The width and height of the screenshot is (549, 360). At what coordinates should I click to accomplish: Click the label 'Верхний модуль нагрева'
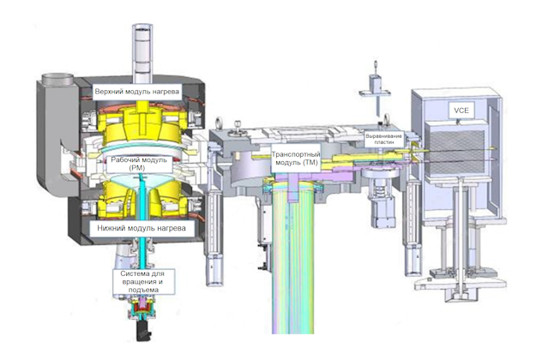tap(137, 92)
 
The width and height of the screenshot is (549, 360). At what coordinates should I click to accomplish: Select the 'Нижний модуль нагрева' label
tap(142, 229)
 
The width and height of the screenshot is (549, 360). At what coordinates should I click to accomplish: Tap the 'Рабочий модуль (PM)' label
tap(139, 164)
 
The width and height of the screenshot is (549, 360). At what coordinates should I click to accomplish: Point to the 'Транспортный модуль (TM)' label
tap(296, 158)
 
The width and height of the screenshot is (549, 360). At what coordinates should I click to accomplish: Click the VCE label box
tap(462, 111)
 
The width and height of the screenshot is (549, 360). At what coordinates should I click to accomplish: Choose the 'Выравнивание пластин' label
tap(383, 139)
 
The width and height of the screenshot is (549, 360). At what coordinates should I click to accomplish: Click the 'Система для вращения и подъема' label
tap(143, 282)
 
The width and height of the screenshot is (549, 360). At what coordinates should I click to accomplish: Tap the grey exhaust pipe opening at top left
tap(57, 78)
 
